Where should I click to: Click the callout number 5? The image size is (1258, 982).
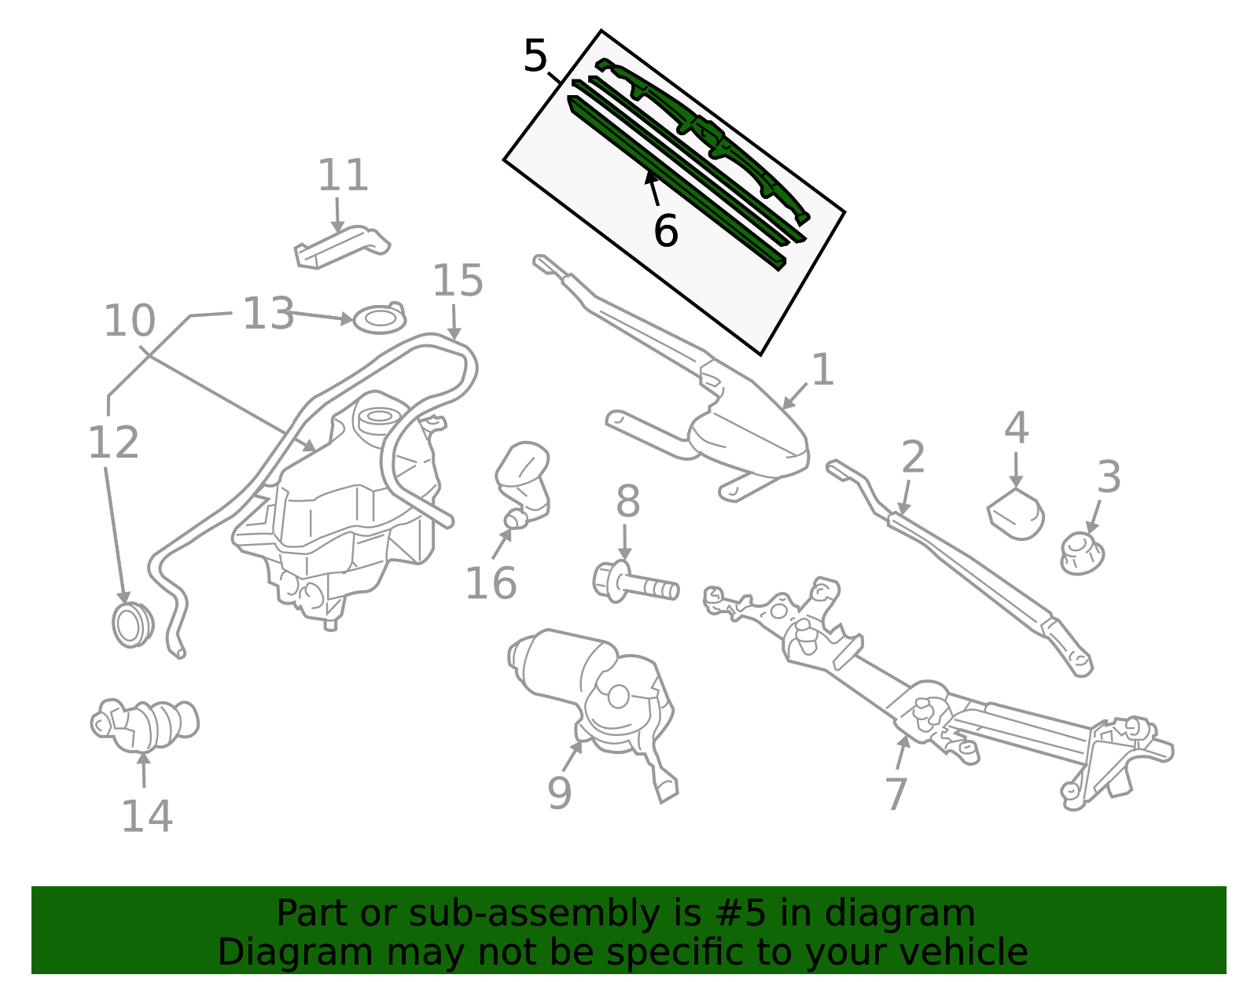[535, 57]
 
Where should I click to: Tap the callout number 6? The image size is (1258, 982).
[665, 232]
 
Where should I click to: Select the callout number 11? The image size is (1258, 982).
[343, 176]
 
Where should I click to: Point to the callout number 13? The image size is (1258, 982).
[268, 314]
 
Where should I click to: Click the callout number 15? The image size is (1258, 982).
[458, 281]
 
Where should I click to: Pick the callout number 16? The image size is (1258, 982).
[491, 583]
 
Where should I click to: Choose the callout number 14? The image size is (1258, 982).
[147, 816]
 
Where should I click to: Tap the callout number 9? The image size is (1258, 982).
[559, 793]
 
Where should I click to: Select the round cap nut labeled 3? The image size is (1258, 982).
[1082, 553]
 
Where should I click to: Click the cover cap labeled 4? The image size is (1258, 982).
[1016, 513]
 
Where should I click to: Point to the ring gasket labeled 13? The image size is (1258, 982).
[380, 320]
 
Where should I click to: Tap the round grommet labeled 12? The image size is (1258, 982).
[131, 625]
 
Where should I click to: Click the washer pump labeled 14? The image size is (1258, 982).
[145, 723]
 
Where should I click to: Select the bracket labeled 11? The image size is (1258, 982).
[341, 245]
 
